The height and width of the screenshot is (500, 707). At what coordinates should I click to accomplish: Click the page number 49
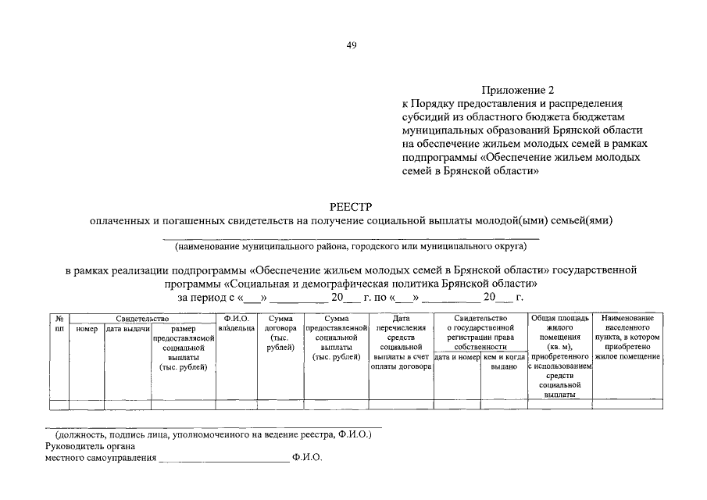[352, 45]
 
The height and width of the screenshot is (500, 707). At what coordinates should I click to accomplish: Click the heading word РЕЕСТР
[352, 207]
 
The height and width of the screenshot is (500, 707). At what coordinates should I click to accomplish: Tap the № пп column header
[59, 323]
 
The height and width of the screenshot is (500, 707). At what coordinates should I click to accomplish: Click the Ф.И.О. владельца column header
[236, 323]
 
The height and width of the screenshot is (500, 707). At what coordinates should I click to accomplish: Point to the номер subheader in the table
[87, 329]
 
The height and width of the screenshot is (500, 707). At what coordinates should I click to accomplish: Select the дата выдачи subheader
[128, 329]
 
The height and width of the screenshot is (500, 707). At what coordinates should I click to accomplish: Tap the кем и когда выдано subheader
[504, 362]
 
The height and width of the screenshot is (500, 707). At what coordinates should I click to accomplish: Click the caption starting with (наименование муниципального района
[352, 247]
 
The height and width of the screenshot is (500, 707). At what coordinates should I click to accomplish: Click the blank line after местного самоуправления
[223, 459]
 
